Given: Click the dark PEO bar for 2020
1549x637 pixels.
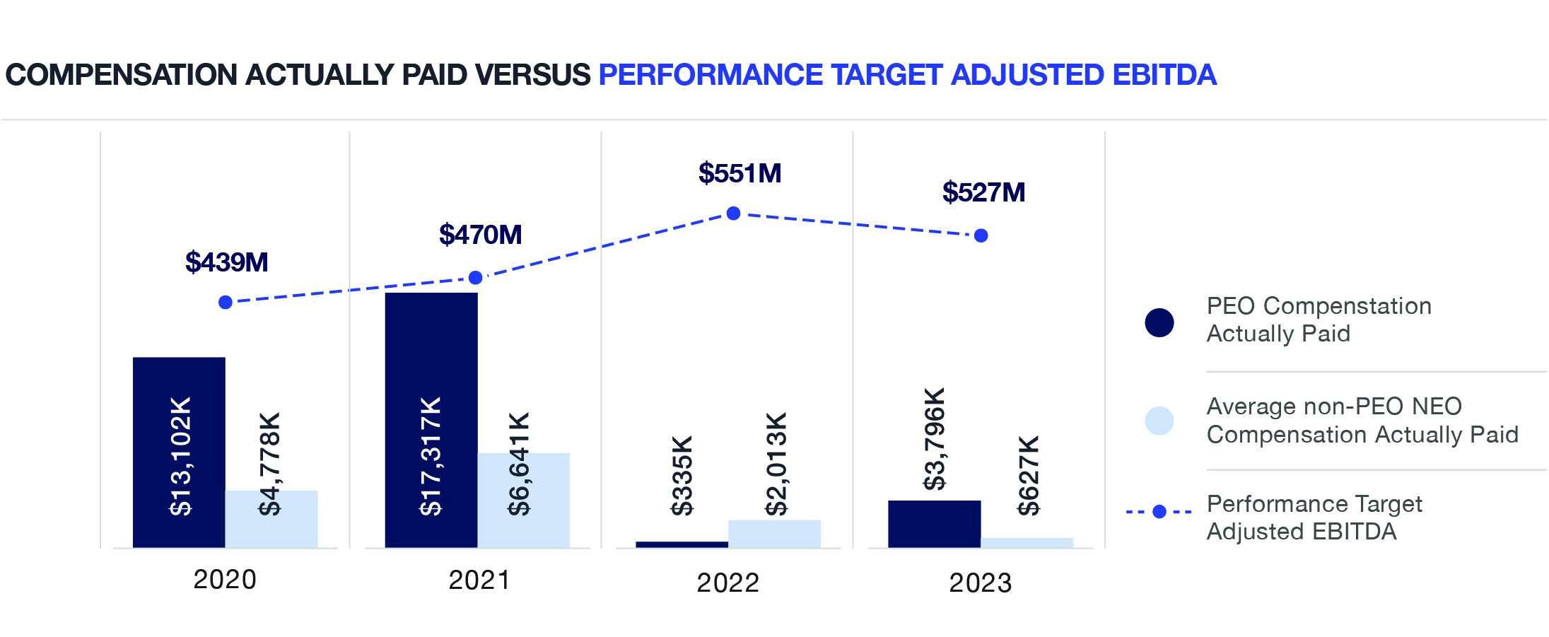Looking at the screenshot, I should click(x=179, y=452).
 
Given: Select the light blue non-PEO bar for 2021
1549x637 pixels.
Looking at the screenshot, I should click(x=523, y=500).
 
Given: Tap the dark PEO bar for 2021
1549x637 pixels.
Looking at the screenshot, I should click(x=431, y=420).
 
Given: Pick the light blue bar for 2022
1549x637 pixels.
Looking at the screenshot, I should click(x=774, y=534).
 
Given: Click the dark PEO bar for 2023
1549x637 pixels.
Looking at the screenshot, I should click(x=934, y=524).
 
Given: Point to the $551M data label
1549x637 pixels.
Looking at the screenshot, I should click(x=740, y=173).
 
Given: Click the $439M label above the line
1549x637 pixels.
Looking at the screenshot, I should click(x=226, y=262).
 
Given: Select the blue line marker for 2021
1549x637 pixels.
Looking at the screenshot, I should click(x=476, y=278).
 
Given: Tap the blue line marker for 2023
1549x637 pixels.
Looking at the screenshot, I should click(x=981, y=235).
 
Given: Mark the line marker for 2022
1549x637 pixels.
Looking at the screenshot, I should click(x=733, y=214).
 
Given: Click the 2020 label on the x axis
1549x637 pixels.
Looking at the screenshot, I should click(x=225, y=580).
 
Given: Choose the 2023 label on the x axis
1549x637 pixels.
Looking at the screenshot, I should click(x=980, y=583).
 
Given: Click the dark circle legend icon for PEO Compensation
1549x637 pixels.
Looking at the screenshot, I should click(x=1159, y=322).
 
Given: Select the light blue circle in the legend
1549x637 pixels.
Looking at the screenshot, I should click(x=1159, y=421).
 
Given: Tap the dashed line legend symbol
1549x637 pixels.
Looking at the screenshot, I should click(x=1159, y=511).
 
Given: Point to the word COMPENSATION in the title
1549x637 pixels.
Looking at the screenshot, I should click(x=121, y=75).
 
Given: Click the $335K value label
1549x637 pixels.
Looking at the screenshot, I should click(x=682, y=476).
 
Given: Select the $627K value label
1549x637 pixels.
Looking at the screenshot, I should click(x=1029, y=476).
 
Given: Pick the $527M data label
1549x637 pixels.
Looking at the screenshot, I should click(x=983, y=192).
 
